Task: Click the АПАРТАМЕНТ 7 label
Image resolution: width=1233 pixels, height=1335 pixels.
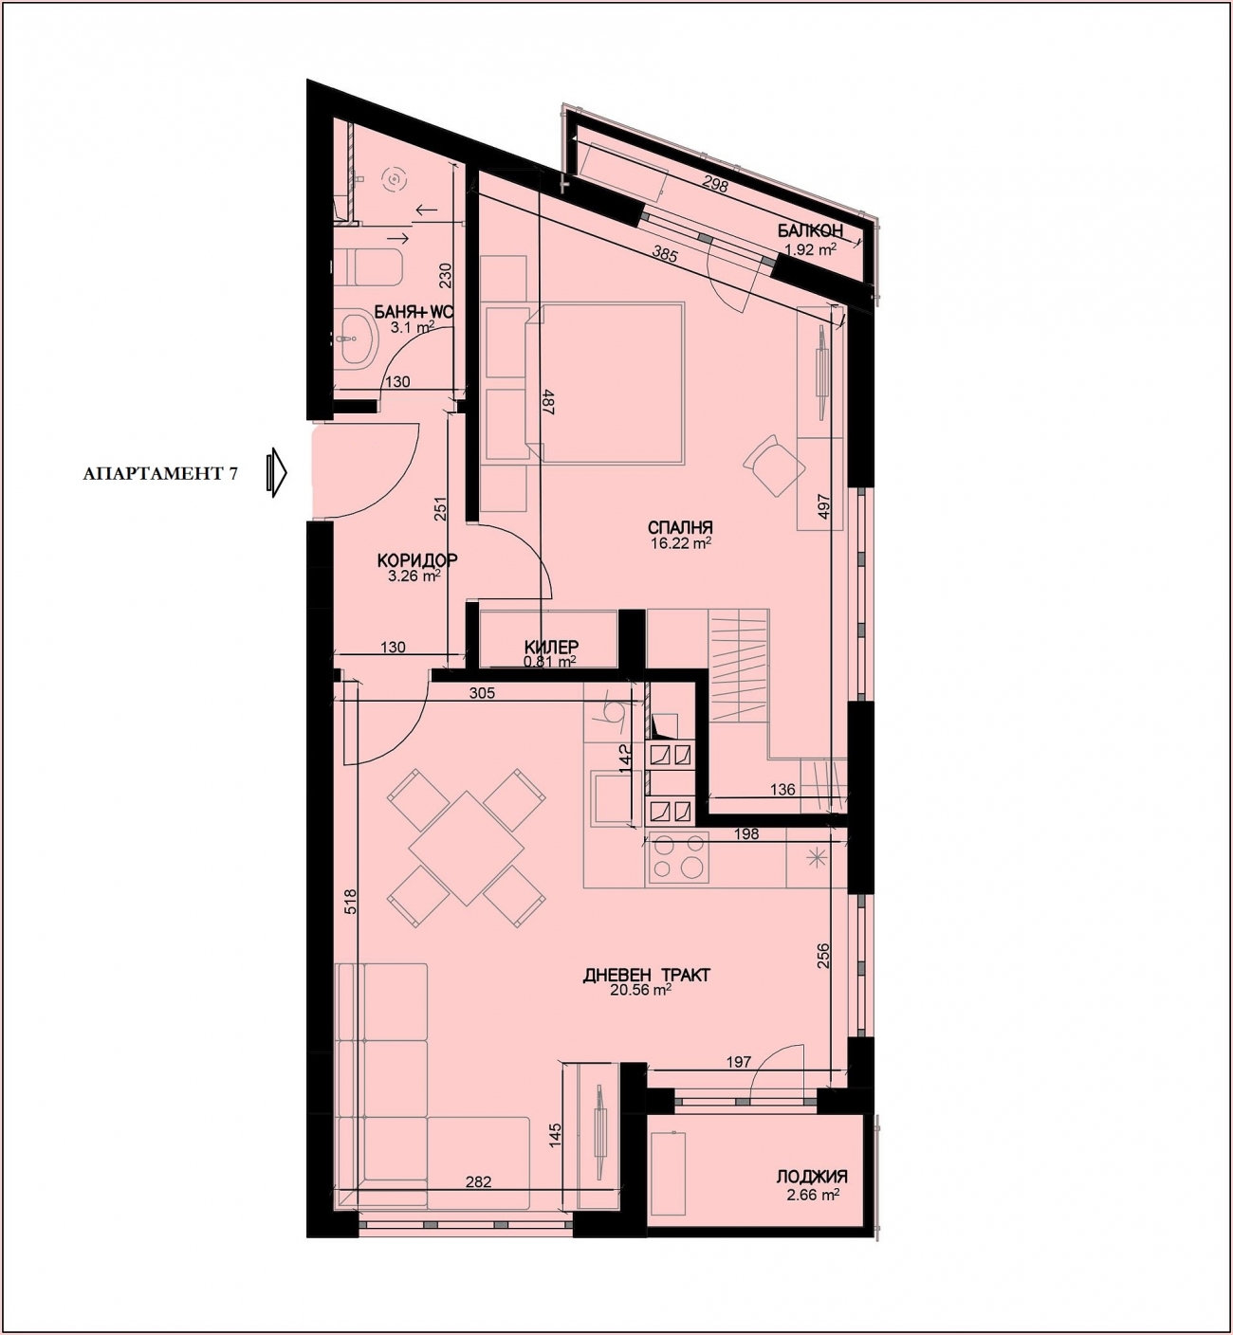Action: click(160, 474)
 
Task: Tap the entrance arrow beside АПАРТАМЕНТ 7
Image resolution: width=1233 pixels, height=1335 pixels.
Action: click(276, 472)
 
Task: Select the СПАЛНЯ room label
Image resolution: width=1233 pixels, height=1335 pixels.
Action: click(680, 528)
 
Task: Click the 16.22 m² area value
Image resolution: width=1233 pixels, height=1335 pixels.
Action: click(681, 543)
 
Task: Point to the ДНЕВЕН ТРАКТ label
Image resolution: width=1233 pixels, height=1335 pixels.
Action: click(647, 975)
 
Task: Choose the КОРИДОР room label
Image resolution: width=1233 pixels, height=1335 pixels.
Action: click(417, 560)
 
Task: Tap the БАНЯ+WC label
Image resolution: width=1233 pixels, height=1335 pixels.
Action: click(413, 313)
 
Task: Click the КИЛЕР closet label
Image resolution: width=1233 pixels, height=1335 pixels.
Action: click(551, 647)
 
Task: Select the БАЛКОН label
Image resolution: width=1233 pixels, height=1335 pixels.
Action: click(810, 230)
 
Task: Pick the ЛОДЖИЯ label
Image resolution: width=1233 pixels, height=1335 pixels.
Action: click(812, 1177)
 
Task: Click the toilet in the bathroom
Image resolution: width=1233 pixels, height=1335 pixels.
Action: click(369, 265)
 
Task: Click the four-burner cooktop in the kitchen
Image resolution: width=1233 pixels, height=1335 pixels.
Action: click(677, 858)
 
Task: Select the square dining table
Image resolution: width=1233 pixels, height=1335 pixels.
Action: click(466, 849)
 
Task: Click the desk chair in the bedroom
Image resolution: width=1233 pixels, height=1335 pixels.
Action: click(773, 465)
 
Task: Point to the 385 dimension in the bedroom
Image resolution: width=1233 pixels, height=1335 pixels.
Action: click(665, 254)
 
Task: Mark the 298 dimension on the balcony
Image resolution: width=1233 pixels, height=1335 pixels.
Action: click(714, 183)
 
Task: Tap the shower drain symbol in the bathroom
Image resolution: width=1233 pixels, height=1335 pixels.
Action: click(395, 179)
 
